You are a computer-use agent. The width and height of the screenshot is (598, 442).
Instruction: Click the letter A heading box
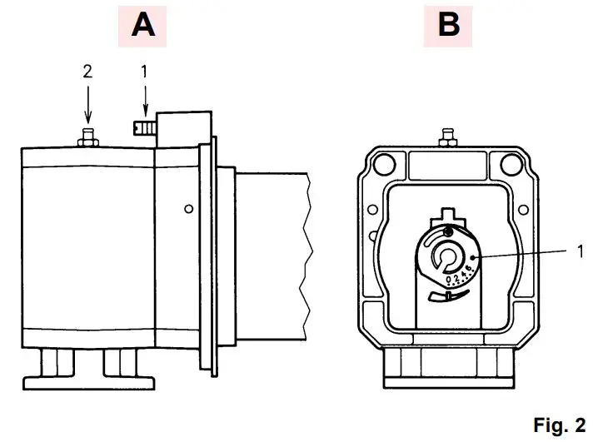[142, 25]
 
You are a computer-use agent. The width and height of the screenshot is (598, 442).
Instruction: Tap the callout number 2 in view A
[87, 72]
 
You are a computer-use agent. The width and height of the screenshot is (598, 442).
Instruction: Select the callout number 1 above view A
[144, 72]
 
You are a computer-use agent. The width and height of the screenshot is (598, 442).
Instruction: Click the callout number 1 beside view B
[581, 248]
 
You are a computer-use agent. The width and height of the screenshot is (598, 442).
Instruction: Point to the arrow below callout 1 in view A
[145, 102]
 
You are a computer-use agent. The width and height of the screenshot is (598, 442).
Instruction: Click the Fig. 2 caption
[559, 426]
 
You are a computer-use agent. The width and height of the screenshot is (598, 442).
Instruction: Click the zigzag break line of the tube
[306, 258]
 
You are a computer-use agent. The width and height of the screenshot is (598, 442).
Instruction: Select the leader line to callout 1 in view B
[525, 252]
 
